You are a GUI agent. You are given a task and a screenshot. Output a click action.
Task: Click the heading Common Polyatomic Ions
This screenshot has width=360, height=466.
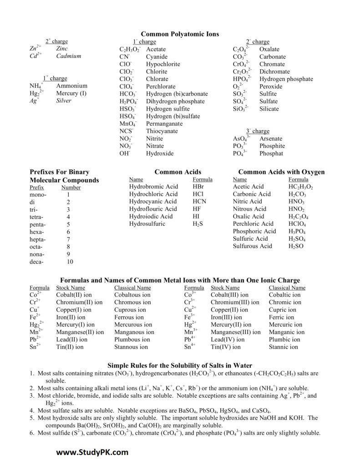[180, 34]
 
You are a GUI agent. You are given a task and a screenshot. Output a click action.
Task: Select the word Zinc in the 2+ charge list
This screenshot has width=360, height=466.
[62, 49]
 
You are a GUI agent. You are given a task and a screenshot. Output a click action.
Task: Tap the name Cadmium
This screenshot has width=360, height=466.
[69, 56]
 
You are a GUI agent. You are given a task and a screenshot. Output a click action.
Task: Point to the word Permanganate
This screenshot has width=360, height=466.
[164, 123]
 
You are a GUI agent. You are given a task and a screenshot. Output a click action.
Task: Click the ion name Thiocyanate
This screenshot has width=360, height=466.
[162, 131]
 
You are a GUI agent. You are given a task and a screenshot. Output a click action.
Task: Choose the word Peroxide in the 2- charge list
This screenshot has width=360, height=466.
[271, 86]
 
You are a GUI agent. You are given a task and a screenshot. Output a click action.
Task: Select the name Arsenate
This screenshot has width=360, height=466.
[271, 138]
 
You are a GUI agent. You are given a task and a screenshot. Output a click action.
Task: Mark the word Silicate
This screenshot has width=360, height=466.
[269, 109]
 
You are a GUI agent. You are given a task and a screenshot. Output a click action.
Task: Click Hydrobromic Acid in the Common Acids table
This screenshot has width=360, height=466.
[153, 187]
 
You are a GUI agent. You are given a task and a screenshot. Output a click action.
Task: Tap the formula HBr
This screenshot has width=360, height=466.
[198, 187]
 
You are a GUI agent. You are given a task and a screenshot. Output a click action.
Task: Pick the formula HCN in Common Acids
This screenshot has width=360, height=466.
[199, 202]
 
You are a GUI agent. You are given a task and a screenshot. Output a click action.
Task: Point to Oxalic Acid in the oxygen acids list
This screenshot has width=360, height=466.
[248, 216]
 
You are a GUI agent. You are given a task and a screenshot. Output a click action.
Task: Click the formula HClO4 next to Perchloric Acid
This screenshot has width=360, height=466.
[297, 224]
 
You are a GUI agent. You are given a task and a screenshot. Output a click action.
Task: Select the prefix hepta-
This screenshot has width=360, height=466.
[38, 239]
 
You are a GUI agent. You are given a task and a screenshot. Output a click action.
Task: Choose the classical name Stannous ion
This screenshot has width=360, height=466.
[131, 347]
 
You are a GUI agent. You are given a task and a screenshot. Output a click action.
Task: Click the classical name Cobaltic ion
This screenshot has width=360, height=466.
[284, 295]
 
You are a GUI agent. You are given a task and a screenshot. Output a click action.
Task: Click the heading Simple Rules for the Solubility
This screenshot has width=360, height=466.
[180, 365]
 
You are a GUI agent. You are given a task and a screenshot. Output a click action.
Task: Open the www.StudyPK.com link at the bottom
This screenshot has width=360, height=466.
[93, 452]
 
